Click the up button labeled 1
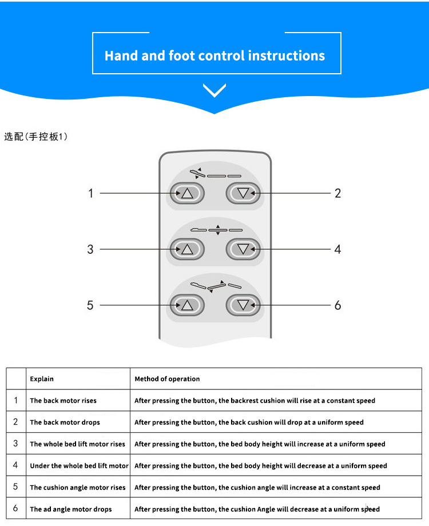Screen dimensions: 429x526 (187, 193)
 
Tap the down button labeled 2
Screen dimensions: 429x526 (243, 193)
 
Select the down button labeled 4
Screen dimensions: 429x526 (243, 249)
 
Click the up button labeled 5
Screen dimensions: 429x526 (187, 305)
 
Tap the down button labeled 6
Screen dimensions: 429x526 (243, 305)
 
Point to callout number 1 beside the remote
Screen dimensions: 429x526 (90, 193)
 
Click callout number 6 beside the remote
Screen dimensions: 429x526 (337, 305)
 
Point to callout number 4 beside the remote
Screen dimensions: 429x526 (337, 249)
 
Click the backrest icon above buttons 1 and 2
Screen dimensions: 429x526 (216, 174)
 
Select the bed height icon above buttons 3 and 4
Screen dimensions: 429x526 (217, 230)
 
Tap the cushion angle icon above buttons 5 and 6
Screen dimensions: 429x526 (216, 286)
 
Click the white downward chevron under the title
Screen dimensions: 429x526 (214, 90)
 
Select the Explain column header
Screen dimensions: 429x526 (42, 378)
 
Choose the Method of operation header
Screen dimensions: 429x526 (167, 378)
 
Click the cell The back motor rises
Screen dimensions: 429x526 (63, 401)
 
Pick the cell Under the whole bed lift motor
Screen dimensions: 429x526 (79, 465)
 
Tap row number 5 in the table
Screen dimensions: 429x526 (15, 487)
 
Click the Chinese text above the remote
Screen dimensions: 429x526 (35, 137)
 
